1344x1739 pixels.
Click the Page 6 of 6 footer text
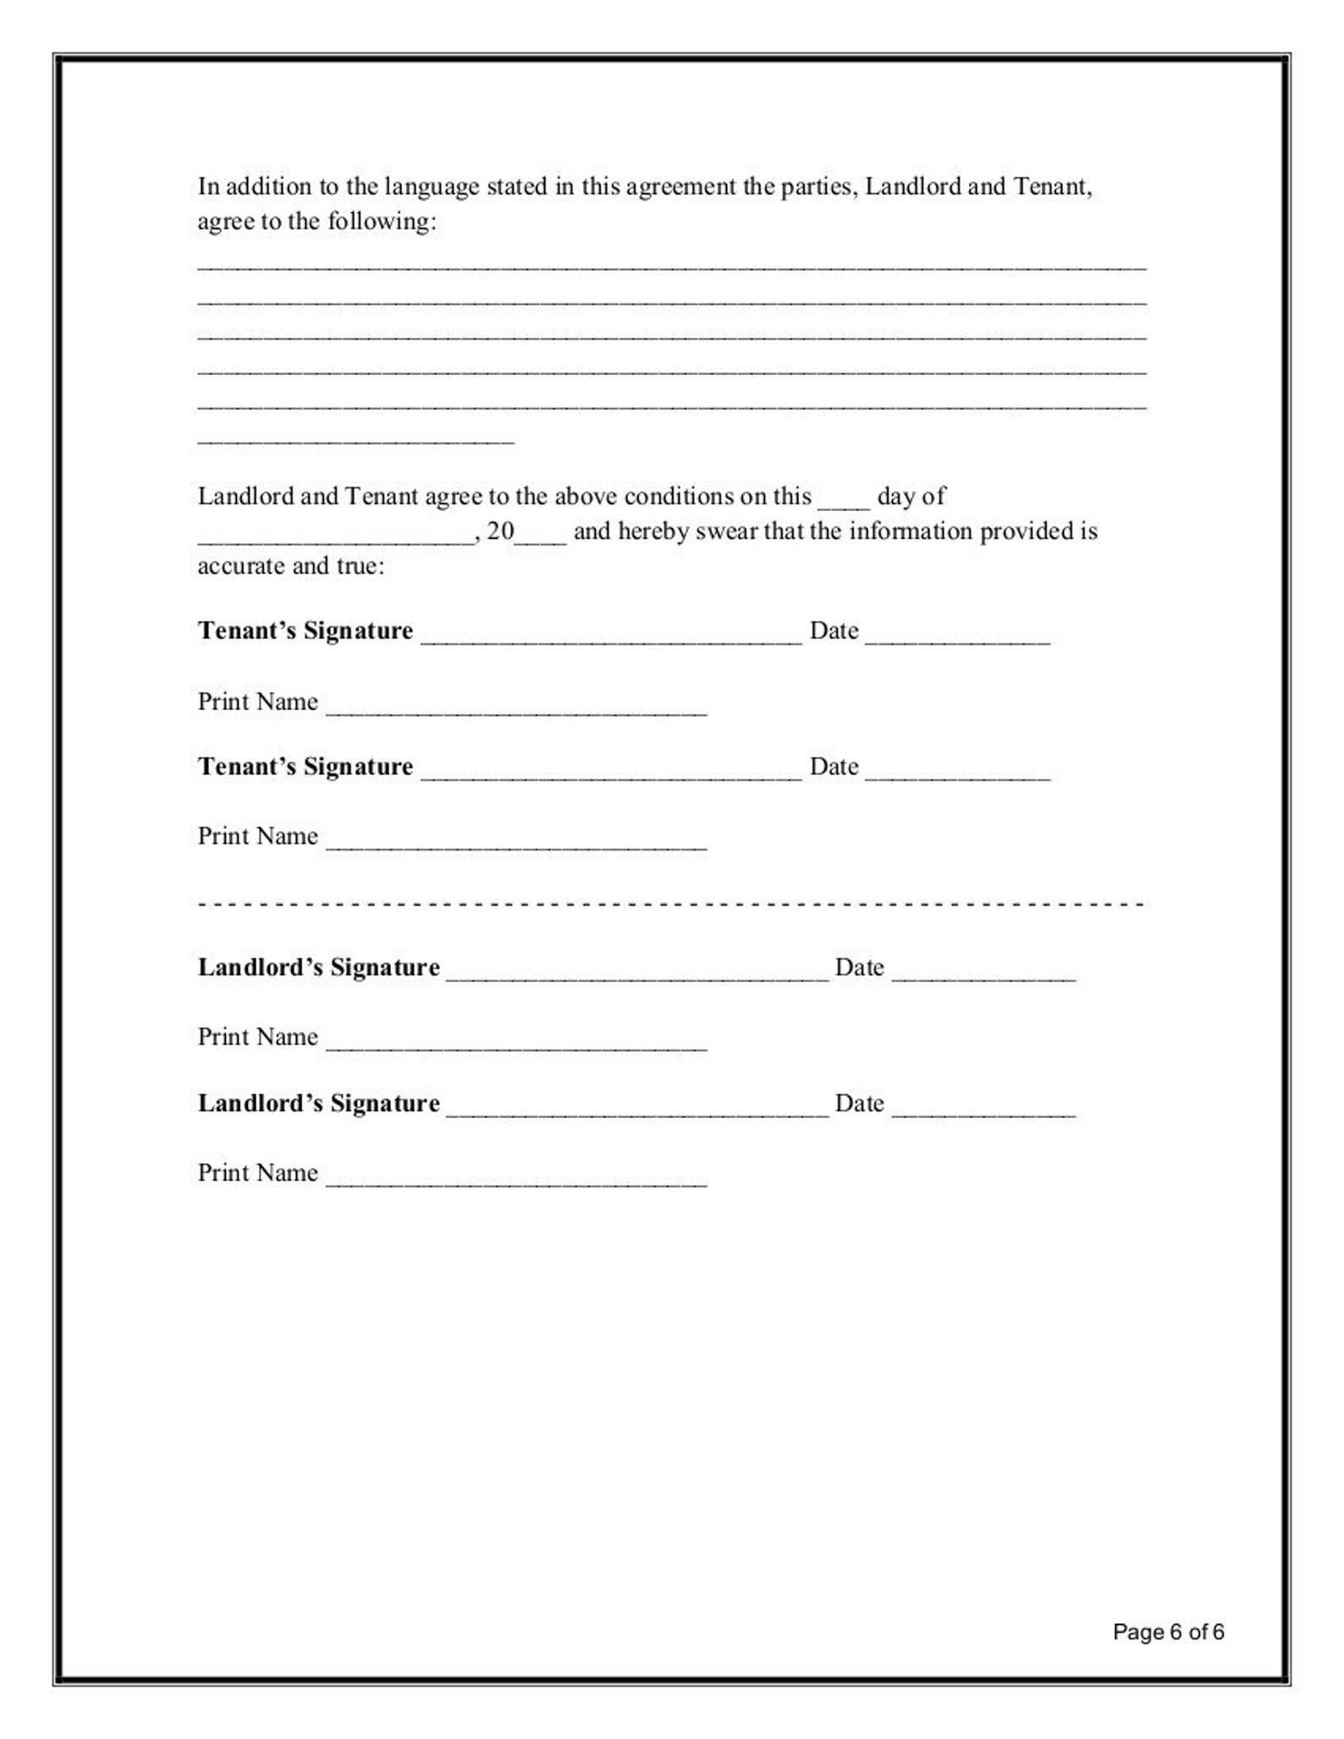[1168, 1632]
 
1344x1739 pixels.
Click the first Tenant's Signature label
[305, 630]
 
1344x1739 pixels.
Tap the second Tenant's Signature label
[305, 766]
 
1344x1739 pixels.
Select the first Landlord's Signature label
[318, 967]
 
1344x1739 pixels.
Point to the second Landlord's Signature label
[318, 1103]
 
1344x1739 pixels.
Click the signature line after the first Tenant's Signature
[610, 639]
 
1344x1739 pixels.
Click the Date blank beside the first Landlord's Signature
[983, 976]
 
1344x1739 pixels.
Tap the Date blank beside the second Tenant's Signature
[957, 774]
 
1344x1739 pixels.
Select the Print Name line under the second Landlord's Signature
[515, 1181]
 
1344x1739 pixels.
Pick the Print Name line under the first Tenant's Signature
[515, 711]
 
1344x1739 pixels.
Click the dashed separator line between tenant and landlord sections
[671, 904]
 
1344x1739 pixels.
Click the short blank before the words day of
[843, 504]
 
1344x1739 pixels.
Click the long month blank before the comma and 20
[336, 540]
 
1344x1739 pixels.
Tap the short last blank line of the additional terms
[355, 440]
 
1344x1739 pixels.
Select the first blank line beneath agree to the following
[671, 266]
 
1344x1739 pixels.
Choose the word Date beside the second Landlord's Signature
[859, 1103]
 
